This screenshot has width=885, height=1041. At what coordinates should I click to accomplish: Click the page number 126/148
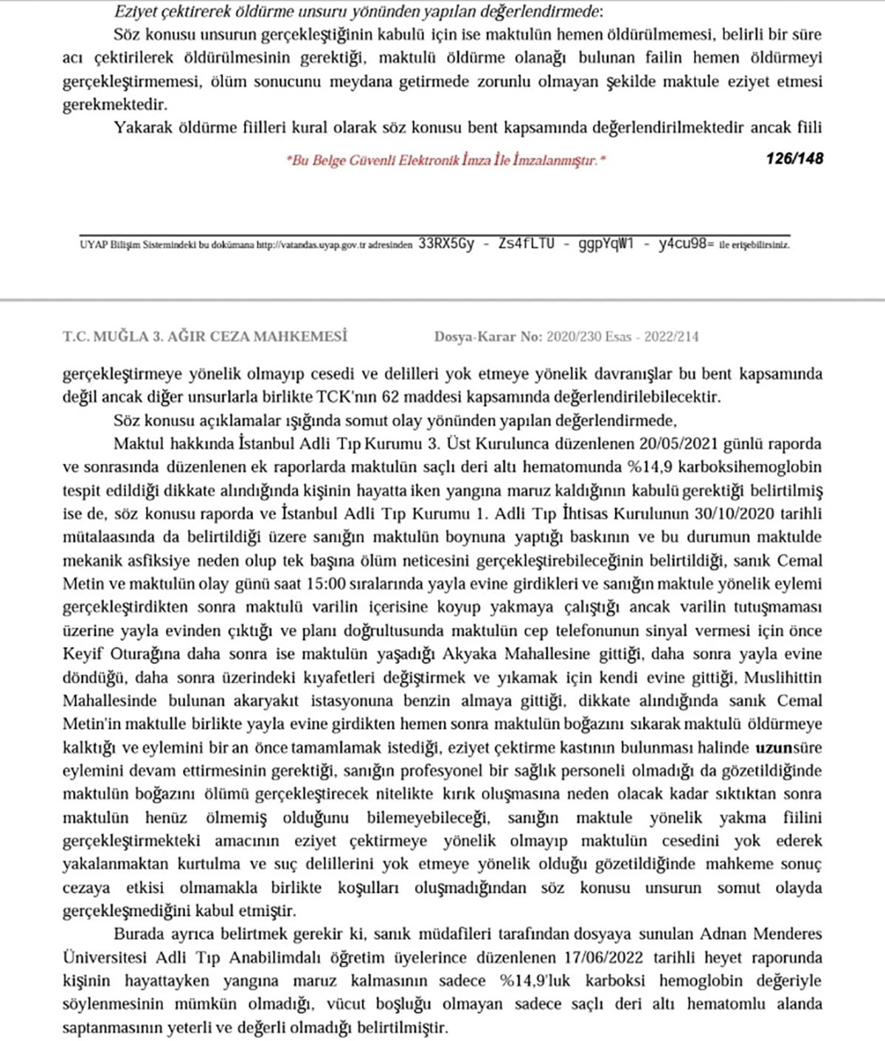[x=794, y=158]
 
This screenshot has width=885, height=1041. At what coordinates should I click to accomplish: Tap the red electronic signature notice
[x=445, y=160]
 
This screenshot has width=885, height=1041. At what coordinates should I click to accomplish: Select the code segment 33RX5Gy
[x=446, y=244]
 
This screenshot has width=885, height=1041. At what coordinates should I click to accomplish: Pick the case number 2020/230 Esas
[x=588, y=337]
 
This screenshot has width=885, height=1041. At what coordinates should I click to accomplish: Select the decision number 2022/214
[x=671, y=337]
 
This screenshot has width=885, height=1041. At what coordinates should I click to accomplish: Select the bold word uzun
[x=773, y=747]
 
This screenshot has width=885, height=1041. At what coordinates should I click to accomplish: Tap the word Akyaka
[x=468, y=654]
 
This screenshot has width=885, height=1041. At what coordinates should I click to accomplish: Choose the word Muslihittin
[x=782, y=677]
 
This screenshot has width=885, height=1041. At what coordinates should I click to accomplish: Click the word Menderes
[x=787, y=934]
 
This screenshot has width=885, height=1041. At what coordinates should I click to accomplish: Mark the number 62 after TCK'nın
[x=390, y=397]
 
